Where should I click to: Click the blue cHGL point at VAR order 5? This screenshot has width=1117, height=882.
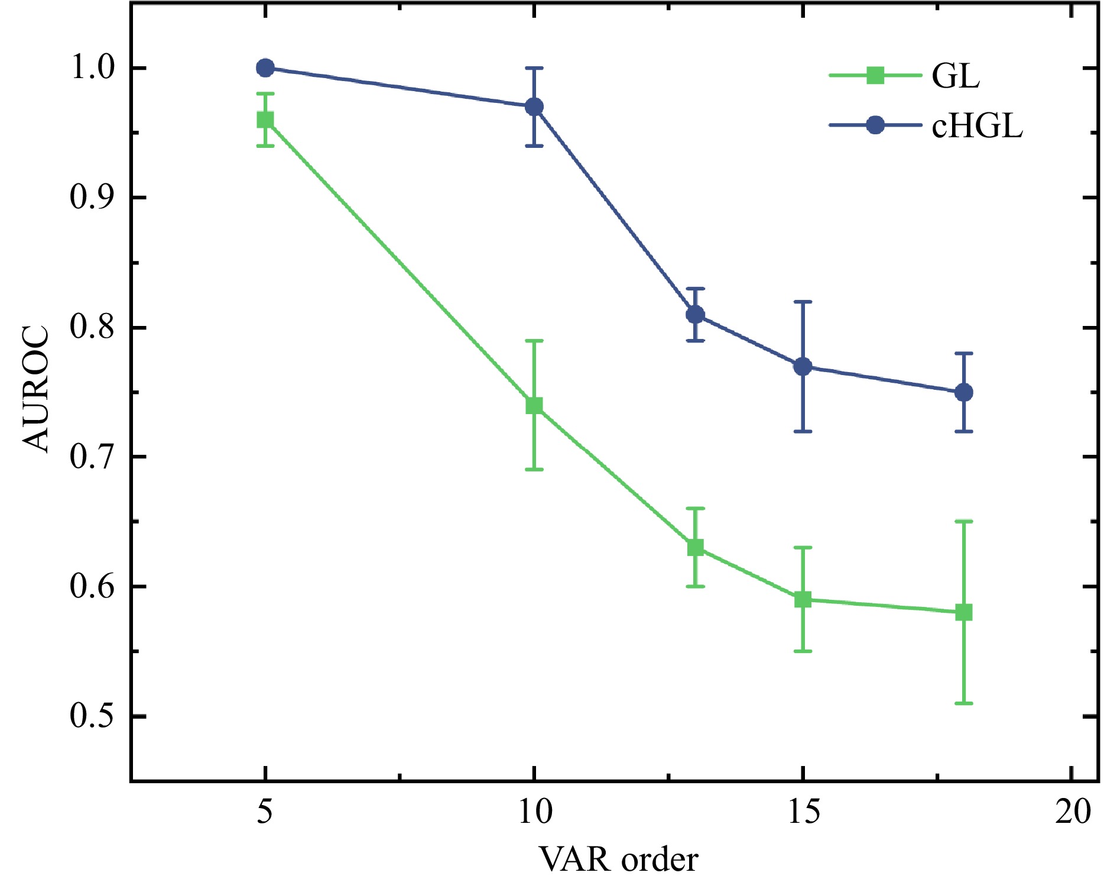coord(265,68)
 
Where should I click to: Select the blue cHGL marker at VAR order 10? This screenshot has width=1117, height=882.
coord(534,107)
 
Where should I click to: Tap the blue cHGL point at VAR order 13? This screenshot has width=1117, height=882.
coord(696,314)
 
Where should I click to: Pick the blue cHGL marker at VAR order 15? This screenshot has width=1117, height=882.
coord(803,366)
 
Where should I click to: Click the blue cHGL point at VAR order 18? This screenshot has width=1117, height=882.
coord(964,392)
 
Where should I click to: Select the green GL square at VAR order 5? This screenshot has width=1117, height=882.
coord(265,120)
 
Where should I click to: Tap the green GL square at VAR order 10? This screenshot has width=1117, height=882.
coord(534,405)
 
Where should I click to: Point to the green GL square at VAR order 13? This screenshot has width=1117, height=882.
coord(696,548)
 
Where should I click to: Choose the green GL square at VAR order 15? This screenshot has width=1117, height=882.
coord(803,600)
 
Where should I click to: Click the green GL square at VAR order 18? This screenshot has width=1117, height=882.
coord(964,612)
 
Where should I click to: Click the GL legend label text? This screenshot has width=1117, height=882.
coord(956,76)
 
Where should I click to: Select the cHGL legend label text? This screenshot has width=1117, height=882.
coord(977,126)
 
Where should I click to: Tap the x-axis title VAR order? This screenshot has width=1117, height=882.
coord(619,860)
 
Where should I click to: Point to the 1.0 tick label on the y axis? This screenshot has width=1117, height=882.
coord(92,68)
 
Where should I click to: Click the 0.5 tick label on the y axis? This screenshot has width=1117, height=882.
coord(92,716)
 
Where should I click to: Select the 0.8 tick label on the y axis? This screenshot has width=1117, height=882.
coord(92,327)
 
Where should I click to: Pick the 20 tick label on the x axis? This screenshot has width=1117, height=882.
coord(1072,812)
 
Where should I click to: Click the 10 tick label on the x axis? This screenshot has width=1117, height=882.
coord(534,812)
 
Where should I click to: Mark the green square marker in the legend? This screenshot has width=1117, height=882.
coord(875,76)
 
